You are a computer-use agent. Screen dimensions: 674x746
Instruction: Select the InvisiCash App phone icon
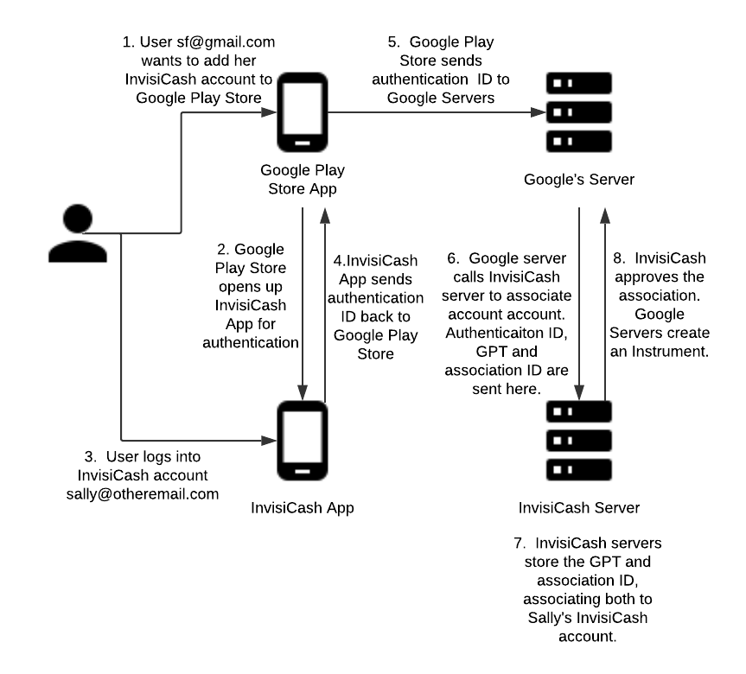(x=302, y=441)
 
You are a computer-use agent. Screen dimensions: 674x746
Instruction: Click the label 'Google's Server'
(x=579, y=180)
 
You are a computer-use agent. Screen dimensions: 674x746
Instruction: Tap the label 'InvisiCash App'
(x=302, y=507)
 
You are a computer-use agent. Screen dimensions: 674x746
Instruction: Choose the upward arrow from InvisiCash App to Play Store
(x=325, y=302)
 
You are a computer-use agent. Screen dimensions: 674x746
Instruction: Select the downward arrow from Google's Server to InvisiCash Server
(x=578, y=302)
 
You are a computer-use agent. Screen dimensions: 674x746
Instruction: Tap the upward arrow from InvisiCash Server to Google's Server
(x=605, y=302)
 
